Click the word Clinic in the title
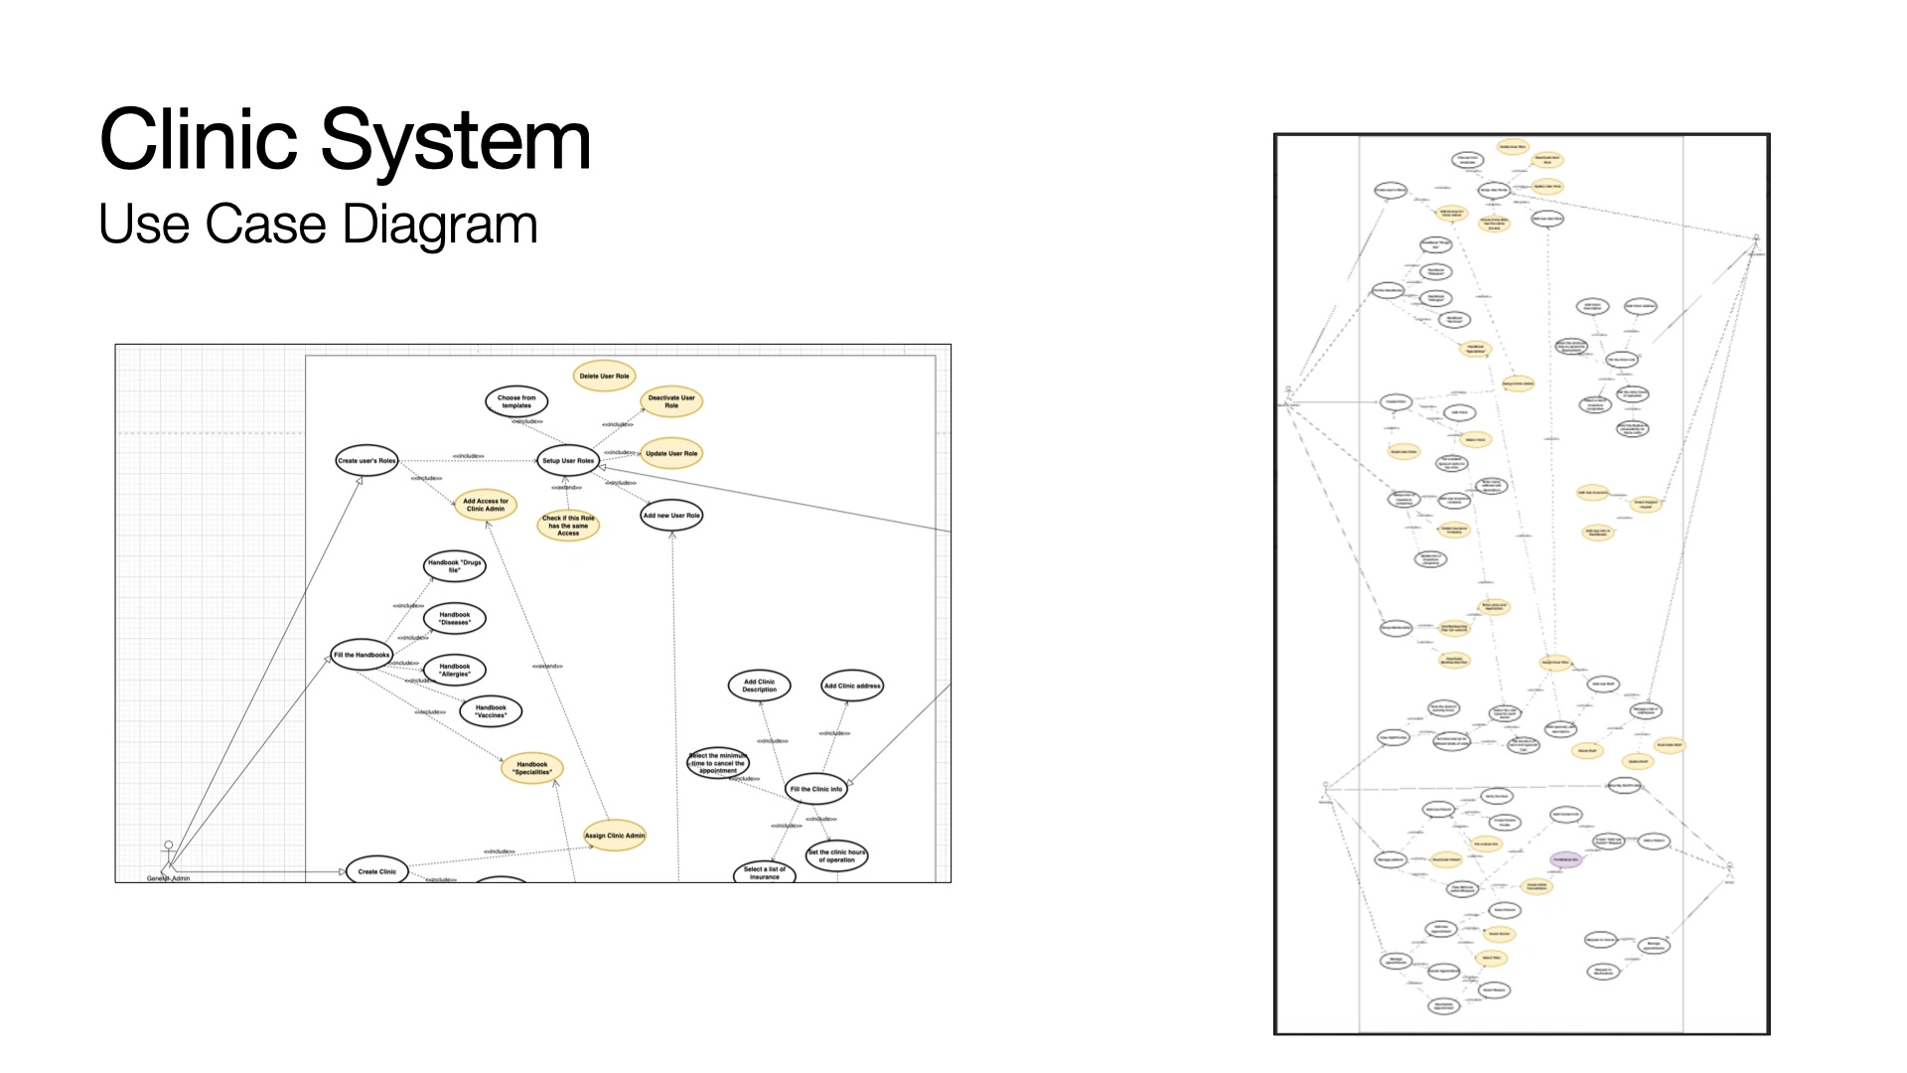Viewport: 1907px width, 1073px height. pyautogui.click(x=199, y=140)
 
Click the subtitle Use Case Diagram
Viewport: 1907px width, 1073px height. pyautogui.click(x=318, y=225)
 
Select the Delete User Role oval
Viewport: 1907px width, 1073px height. pyautogui.click(x=604, y=377)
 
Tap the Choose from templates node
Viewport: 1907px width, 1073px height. pyautogui.click(x=516, y=401)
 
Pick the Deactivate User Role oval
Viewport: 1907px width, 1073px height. pyautogui.click(x=671, y=401)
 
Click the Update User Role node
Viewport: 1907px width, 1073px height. pyautogui.click(x=671, y=453)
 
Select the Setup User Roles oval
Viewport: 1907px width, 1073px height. pyautogui.click(x=568, y=460)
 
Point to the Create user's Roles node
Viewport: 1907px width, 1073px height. pyautogui.click(x=367, y=460)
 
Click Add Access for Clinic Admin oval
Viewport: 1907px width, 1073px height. pyautogui.click(x=486, y=505)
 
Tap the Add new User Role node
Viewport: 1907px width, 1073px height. pyautogui.click(x=671, y=516)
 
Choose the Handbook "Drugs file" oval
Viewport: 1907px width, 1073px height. pyautogui.click(x=454, y=566)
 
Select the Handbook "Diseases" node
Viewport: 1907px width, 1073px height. pyautogui.click(x=455, y=618)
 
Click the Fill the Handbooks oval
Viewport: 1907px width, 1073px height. pyautogui.click(x=362, y=655)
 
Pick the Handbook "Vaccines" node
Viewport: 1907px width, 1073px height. pyautogui.click(x=491, y=711)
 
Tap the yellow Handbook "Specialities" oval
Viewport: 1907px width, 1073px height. pyautogui.click(x=532, y=768)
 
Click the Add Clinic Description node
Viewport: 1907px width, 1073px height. pyautogui.click(x=760, y=686)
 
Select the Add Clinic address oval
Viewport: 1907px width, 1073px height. pyautogui.click(x=852, y=686)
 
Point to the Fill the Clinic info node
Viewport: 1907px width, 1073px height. pyautogui.click(x=816, y=789)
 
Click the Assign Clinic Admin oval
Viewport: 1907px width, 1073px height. pyautogui.click(x=615, y=836)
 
